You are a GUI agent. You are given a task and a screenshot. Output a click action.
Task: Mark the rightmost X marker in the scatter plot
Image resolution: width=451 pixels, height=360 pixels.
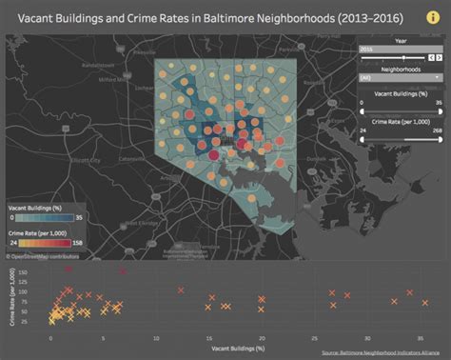click(424, 303)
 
